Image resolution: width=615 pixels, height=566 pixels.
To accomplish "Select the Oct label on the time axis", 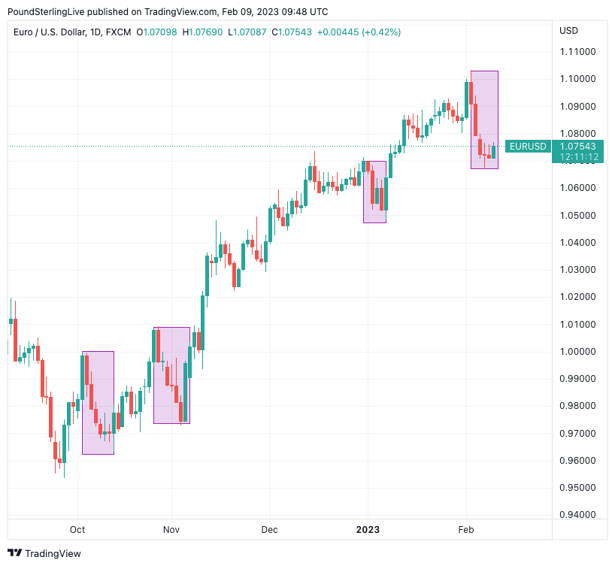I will tap(77, 530).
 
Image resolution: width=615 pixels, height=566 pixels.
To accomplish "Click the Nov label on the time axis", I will tap(171, 530).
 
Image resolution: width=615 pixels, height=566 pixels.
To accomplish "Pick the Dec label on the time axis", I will tap(269, 530).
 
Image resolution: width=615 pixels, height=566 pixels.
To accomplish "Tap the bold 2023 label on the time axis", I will tap(368, 530).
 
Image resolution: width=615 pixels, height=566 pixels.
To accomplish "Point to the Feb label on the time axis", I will tap(466, 530).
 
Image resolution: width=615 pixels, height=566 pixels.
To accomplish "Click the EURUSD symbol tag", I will tap(527, 147).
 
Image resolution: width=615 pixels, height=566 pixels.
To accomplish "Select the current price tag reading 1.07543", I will tap(577, 146).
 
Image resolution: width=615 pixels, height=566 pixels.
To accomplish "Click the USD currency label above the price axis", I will tap(569, 31).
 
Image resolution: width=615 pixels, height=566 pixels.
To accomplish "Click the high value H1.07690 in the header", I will tap(202, 32).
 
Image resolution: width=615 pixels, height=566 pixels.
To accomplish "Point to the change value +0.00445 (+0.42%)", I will tap(359, 32).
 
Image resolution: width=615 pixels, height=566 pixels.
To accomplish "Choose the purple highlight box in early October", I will tap(98, 403).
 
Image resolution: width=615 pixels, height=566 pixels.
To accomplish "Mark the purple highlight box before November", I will tap(171, 376).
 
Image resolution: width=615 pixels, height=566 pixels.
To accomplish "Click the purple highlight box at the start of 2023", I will tap(374, 192).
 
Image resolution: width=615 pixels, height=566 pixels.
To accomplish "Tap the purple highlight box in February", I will tap(485, 120).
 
